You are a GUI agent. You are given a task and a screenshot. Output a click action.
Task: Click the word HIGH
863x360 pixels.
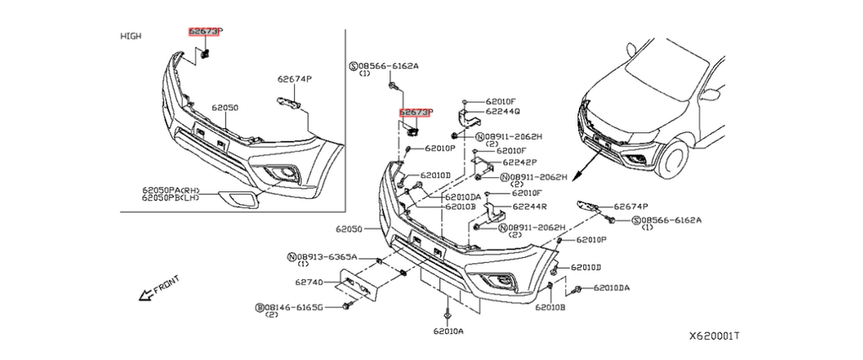pyautogui.click(x=131, y=35)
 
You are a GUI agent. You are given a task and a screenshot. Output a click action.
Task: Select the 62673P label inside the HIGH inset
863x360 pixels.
pyautogui.click(x=205, y=32)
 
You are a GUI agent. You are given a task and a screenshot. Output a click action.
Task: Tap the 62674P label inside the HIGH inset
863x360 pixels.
pyautogui.click(x=295, y=79)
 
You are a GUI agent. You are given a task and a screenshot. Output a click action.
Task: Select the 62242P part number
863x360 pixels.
pyautogui.click(x=519, y=161)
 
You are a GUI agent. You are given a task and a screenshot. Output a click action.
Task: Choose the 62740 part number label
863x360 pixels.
pyautogui.click(x=310, y=282)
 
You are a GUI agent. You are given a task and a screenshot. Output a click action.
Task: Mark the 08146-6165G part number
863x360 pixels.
pyautogui.click(x=293, y=307)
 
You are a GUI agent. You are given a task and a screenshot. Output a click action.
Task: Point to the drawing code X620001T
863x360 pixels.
pyautogui.click(x=714, y=336)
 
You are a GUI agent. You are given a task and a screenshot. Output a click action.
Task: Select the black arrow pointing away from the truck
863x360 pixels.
pyautogui.click(x=587, y=168)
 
